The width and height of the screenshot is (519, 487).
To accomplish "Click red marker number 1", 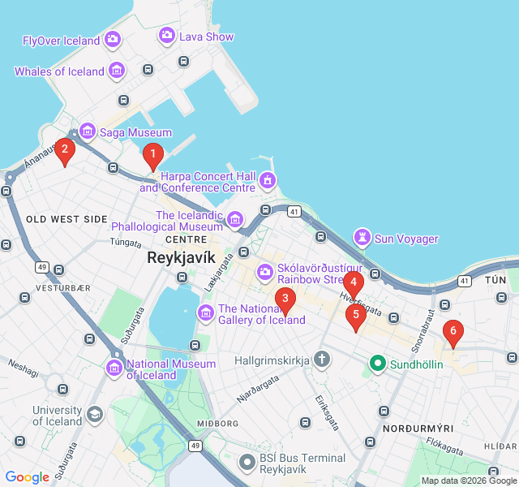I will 152,154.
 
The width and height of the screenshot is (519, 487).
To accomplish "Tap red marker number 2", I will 65,150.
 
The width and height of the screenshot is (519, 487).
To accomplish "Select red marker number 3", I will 285,300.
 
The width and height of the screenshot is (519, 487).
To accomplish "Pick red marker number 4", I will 354,284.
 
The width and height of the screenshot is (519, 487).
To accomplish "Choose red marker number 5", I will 356,316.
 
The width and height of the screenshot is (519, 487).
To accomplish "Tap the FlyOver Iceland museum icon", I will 113,39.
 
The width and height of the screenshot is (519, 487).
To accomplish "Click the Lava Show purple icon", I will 167,35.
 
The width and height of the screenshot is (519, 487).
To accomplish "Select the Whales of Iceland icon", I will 118,71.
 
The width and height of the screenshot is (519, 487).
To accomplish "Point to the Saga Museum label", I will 135,132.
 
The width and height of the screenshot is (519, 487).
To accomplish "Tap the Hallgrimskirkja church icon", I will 322,359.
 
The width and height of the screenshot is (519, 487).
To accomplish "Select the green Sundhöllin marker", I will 377,364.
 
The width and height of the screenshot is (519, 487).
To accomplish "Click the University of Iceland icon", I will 95,415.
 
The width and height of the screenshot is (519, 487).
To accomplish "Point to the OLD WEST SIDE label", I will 66,219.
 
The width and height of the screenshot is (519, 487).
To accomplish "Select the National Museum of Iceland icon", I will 114,369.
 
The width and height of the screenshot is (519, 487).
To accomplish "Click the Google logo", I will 28,477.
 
